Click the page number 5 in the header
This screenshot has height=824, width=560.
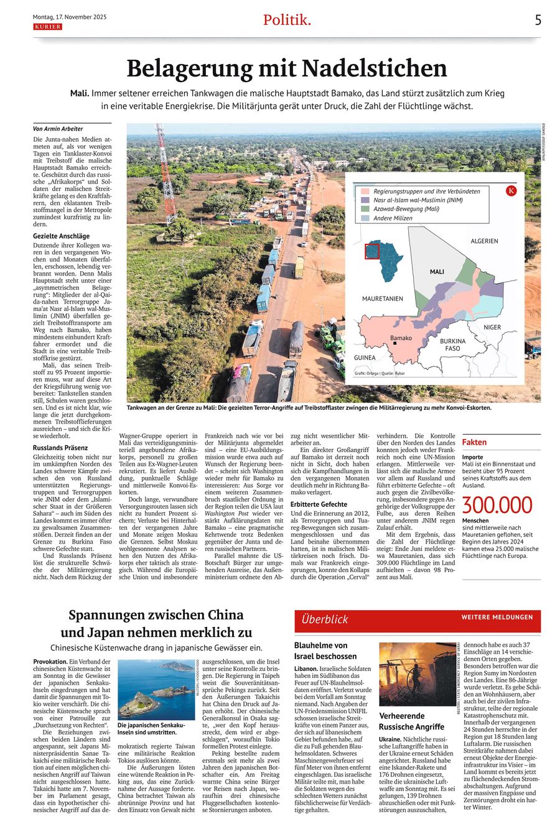538,20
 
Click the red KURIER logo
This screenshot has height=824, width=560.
47,27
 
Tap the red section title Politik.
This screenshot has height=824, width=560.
286,20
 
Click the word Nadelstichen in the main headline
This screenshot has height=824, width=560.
381,68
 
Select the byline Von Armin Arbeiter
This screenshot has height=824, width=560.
57,129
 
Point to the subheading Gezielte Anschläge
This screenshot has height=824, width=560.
61,236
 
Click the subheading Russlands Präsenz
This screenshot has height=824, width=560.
60,448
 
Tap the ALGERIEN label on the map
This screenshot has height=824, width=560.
484,241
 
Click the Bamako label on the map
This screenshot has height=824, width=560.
401,338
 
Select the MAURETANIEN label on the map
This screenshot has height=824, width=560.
382,299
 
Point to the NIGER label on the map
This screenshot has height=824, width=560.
492,327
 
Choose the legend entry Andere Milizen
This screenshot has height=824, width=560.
394,218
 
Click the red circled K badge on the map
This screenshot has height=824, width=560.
511,191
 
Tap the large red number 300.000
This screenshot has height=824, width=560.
497,505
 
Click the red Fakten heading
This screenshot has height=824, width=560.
474,442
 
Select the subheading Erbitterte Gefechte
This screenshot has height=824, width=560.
319,504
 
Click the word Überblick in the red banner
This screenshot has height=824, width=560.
325,619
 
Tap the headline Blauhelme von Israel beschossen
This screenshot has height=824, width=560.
325,650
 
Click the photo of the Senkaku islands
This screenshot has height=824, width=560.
156,688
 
